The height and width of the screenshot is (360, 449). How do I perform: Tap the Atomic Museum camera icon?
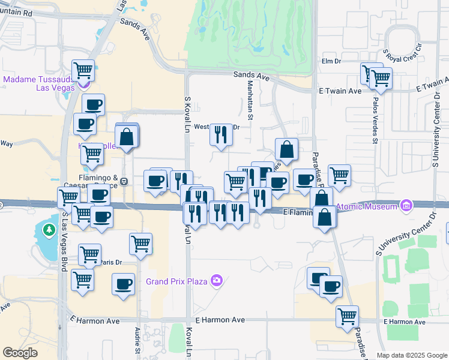click(x=407, y=206)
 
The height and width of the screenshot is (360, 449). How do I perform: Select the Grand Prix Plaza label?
click(x=177, y=281)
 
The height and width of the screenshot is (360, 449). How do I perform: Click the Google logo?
click(x=20, y=353)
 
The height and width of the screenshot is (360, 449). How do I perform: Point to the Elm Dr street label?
click(x=331, y=61)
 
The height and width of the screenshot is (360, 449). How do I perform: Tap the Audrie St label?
click(x=137, y=341)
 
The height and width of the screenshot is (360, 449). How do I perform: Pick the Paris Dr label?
click(x=110, y=262)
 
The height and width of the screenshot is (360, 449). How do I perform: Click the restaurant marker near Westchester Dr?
click(x=221, y=134)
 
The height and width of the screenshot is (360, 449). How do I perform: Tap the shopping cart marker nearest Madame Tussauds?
click(x=82, y=71)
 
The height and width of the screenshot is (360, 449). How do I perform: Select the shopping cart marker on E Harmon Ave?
click(x=348, y=316)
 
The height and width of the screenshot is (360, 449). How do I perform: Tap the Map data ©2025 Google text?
click(x=412, y=355)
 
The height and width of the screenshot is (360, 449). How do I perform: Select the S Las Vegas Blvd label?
click(x=62, y=240)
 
